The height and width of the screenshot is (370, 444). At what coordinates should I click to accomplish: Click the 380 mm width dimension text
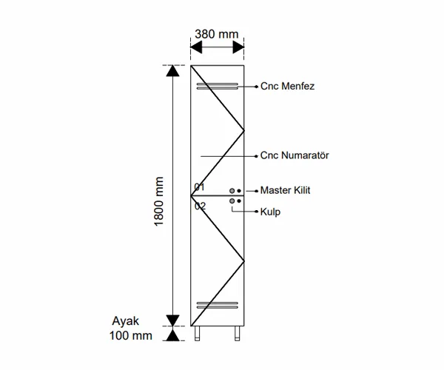point(217,33)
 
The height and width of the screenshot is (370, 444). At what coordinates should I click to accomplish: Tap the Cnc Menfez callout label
point(288,87)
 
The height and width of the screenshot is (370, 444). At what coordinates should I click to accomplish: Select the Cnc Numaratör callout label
point(295,156)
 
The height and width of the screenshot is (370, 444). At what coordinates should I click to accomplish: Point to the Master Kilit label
point(285,190)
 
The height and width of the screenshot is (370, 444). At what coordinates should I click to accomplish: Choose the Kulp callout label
point(269,212)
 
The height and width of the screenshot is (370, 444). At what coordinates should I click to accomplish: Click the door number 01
point(200,186)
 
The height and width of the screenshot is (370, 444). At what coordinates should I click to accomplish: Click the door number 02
point(200,206)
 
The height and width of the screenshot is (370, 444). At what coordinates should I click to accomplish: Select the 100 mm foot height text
point(132,335)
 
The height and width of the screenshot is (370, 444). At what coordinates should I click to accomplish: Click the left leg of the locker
point(198,334)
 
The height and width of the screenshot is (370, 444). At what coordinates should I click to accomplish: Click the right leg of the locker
point(238,334)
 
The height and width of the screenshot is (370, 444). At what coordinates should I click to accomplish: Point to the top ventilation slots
point(218,86)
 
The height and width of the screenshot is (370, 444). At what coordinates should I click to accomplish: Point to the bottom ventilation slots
point(218,304)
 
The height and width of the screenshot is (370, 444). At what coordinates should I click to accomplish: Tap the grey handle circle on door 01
point(232,191)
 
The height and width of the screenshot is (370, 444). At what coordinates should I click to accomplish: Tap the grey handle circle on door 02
point(232,201)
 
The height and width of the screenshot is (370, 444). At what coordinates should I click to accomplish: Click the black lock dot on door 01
point(239,191)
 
